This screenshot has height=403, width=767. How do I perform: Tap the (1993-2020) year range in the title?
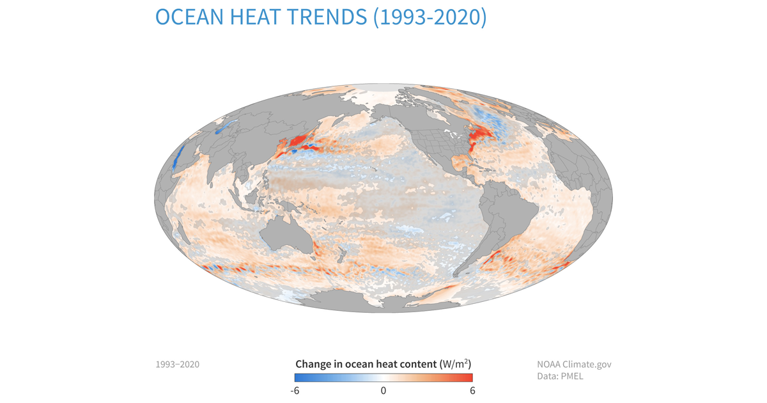click(x=430, y=17)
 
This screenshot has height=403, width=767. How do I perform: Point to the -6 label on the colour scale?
click(x=295, y=390)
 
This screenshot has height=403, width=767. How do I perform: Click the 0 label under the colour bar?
click(x=383, y=390)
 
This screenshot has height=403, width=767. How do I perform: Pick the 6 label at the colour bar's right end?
click(x=472, y=390)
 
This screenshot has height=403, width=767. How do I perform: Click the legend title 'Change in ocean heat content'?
click(x=366, y=364)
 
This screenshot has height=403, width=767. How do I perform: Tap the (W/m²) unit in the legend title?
click(x=456, y=364)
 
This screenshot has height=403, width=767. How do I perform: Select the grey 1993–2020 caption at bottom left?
click(x=177, y=365)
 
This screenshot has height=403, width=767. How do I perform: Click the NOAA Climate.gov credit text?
click(x=574, y=364)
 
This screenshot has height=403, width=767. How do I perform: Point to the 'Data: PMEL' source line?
click(x=560, y=376)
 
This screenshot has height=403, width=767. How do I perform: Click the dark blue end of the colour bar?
click(x=299, y=378)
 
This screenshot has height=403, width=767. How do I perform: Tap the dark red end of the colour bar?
click(x=468, y=378)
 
